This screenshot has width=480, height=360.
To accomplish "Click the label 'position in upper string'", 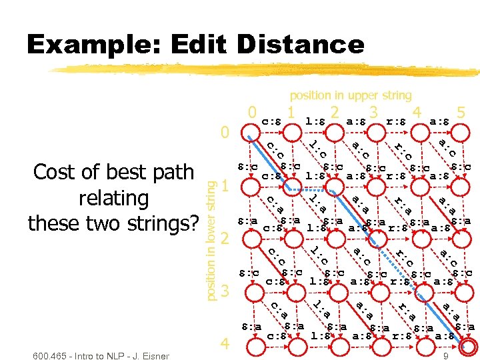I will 351,95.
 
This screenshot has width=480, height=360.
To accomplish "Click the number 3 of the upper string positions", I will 374,111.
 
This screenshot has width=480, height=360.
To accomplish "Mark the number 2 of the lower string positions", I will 225,238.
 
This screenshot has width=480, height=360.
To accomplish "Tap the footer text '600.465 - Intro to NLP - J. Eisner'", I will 100,355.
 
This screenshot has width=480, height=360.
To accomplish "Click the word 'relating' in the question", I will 113,197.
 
